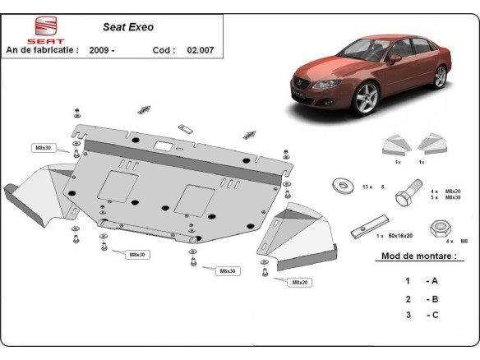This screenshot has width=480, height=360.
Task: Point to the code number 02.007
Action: pyautogui.click(x=200, y=50)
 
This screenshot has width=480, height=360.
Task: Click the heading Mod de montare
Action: pyautogui.click(x=418, y=256)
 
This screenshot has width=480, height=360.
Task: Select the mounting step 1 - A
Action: pyautogui.click(x=418, y=281)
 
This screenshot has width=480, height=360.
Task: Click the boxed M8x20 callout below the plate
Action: pyautogui.click(x=298, y=282)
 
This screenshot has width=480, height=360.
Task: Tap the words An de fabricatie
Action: pyautogui.click(x=42, y=50)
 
